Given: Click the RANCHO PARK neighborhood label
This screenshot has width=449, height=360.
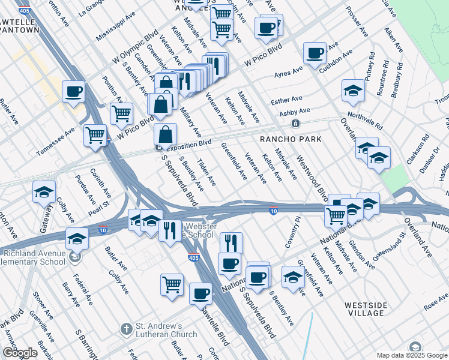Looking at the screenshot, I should [291, 139].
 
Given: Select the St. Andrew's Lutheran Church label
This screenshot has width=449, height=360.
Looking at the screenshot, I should [166, 330].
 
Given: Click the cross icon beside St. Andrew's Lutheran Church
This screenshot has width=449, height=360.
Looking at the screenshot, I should [126, 329].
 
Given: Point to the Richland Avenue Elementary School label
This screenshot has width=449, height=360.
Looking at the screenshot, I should [32, 257].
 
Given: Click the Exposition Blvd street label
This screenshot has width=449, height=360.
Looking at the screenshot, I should [188, 144].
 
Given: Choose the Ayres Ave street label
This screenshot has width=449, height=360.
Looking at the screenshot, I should [288, 73].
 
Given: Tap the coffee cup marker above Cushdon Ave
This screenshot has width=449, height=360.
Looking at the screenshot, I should [315, 54].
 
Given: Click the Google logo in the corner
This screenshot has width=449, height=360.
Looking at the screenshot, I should [20, 353].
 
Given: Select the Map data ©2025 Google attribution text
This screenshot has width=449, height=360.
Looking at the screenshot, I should [411, 355].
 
